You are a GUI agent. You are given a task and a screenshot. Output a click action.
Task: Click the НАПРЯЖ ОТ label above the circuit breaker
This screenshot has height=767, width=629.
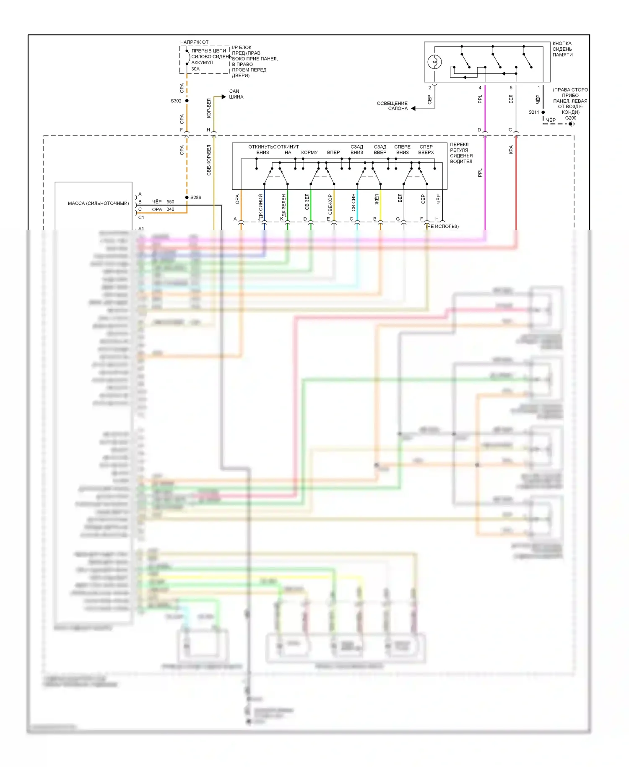coord(194,42)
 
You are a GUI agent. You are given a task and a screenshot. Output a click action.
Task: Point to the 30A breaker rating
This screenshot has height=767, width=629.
coord(195,69)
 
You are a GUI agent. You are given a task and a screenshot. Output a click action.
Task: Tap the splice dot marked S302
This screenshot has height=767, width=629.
coord(187,101)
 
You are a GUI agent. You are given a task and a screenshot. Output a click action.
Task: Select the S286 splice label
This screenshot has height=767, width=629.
coord(195,197)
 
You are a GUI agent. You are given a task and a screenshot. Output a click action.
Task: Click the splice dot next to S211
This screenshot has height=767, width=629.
coord(543,112)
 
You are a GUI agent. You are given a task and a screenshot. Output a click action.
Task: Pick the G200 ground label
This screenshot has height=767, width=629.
coord(570,118)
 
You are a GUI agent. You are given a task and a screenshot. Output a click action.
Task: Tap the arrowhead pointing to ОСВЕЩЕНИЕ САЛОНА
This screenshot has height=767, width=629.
coord(413,108)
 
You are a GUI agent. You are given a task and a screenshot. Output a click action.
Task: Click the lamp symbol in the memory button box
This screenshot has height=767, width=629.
coord(434,62)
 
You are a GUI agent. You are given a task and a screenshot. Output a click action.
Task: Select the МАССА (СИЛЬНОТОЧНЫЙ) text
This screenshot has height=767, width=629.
coord(98,203)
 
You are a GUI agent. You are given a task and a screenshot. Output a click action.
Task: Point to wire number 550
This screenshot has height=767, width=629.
coord(170,202)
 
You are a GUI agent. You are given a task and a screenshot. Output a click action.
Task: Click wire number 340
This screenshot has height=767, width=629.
coord(170,209)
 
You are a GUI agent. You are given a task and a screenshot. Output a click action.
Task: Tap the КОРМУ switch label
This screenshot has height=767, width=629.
coord(309,152)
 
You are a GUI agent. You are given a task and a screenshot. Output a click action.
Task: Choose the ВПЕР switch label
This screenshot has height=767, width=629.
coord(333,152)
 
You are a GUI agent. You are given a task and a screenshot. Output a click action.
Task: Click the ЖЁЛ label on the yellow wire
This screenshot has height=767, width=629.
coord(377,199)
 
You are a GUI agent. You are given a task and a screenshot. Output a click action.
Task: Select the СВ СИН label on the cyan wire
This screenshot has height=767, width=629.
coord(353,202)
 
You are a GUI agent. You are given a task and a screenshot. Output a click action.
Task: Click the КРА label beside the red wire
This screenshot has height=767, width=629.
coord(511,149)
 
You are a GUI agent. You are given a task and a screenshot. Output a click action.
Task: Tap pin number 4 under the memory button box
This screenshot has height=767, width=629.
coord(480,88)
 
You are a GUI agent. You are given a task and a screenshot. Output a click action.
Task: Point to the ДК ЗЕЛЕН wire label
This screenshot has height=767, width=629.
coord(284,205)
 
